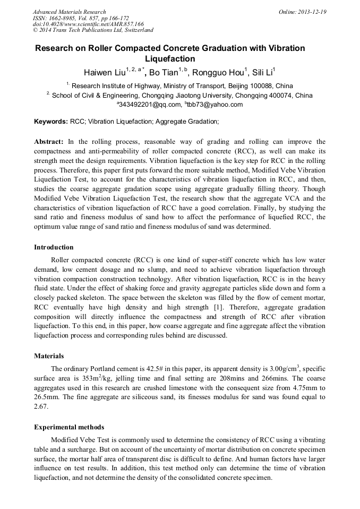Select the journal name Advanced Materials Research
coord(69,12)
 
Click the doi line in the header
coord(88,24)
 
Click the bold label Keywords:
coord(51,122)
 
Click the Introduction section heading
coord(54,247)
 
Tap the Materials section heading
coord(49,356)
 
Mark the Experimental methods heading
coord(69,427)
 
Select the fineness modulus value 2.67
coord(41,407)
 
